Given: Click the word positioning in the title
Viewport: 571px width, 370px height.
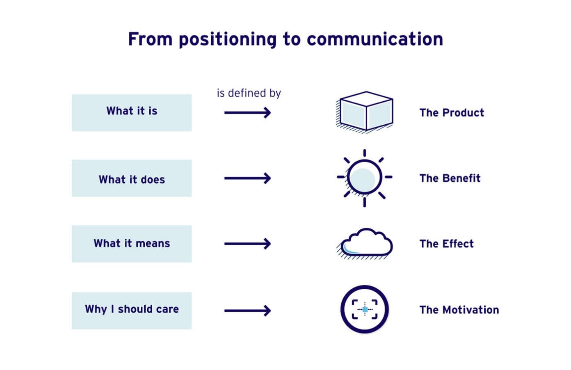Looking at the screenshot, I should [227, 40].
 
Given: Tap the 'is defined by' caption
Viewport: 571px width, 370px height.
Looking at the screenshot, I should [249, 93].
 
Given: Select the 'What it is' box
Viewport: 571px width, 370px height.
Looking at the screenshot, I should [132, 113].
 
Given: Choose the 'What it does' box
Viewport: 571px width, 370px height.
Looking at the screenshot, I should [132, 178].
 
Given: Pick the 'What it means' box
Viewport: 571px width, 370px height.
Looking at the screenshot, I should [132, 244].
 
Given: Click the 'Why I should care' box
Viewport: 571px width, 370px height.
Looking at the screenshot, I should [132, 310].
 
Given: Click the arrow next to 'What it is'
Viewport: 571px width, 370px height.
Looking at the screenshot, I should [247, 112].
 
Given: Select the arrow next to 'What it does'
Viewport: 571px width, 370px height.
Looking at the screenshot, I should [247, 178].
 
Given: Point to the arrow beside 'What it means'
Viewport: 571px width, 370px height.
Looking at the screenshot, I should [247, 244].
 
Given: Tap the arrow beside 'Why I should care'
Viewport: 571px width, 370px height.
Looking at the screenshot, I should [247, 311].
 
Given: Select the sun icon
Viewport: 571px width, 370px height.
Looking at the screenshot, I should [364, 178].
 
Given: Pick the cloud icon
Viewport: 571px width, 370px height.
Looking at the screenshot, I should [365, 244].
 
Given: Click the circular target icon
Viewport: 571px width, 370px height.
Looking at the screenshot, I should [364, 309].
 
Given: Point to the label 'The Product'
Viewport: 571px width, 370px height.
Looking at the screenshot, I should [451, 113].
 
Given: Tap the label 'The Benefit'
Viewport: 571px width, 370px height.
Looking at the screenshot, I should [450, 178].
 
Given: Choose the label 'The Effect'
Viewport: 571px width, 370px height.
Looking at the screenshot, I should [446, 244].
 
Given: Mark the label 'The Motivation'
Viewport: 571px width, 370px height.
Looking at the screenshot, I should [459, 310].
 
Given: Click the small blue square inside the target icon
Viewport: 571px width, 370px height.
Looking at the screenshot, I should [365, 310].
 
